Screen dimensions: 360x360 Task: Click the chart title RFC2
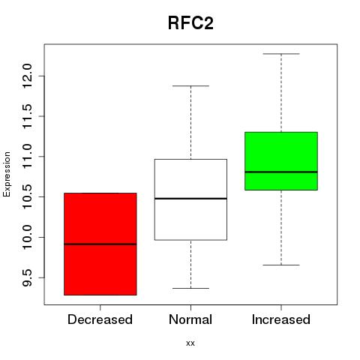[190, 23]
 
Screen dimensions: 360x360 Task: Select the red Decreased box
[100, 244]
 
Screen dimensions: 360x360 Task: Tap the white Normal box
[190, 199]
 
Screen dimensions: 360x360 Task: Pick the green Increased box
[281, 161]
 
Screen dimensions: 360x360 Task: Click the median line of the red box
[100, 244]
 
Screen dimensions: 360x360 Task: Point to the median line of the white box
[190, 199]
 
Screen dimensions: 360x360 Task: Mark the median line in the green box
[281, 172]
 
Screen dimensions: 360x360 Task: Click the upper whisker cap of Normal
[190, 86]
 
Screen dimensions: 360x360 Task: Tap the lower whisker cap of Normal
[190, 288]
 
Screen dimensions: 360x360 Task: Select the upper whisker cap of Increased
[281, 54]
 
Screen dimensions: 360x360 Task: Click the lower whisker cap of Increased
[281, 265]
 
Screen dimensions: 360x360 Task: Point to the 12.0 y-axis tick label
[27, 76]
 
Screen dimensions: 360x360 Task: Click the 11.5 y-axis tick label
[27, 116]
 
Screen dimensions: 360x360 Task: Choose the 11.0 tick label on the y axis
[27, 157]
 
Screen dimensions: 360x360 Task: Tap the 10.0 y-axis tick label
[27, 237]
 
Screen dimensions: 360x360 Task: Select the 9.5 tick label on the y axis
[27, 277]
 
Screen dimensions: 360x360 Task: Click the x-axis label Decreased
[100, 319]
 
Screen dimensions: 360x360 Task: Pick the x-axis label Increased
[281, 319]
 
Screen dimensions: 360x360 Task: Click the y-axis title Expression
[7, 174]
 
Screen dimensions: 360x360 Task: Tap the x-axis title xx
[190, 343]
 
